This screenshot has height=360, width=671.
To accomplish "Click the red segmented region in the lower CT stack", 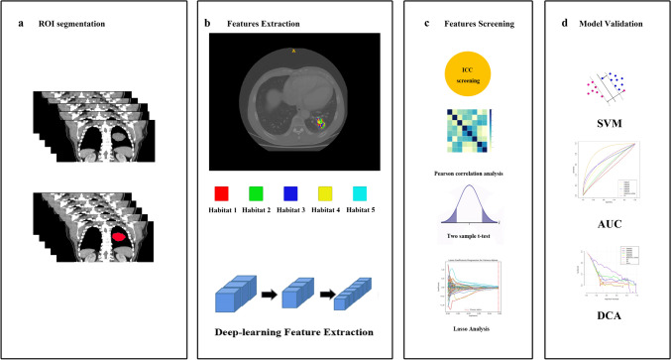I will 118,238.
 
